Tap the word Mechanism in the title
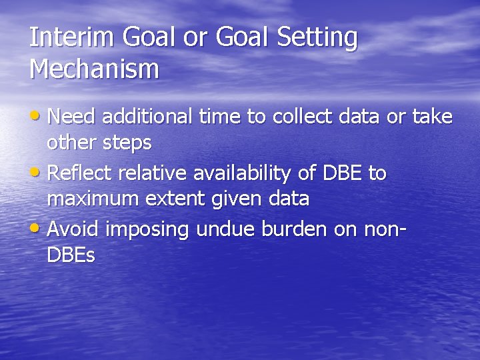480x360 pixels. pos(95,69)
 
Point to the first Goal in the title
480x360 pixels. pos(147,37)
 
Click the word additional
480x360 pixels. pos(142,117)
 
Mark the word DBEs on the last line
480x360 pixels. pos(71,255)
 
